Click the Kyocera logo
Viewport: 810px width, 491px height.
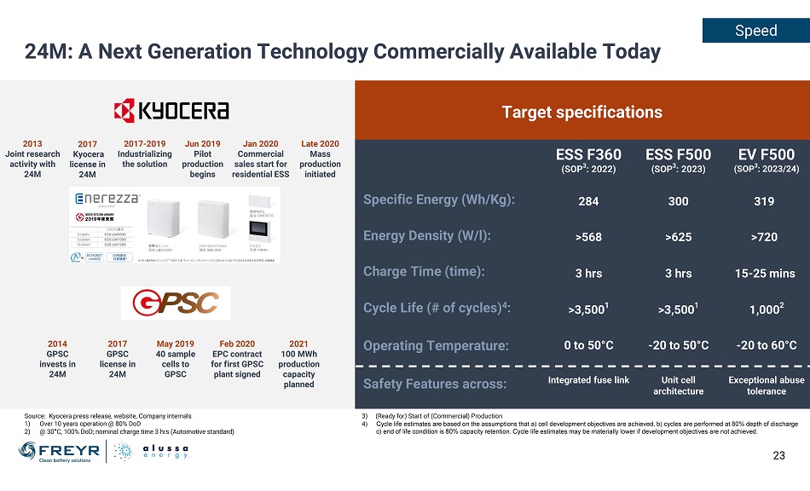point(171,111)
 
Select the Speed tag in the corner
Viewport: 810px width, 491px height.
point(755,31)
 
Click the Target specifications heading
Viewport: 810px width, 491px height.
point(581,112)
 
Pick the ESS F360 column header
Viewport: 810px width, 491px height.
point(588,154)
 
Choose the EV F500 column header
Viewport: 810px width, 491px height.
point(766,154)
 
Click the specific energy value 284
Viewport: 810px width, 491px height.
point(588,201)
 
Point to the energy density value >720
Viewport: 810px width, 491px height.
point(766,237)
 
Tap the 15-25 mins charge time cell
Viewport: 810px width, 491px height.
point(766,273)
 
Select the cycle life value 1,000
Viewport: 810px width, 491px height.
point(766,309)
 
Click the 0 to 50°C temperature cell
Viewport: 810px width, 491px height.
point(588,345)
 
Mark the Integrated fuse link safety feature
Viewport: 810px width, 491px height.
point(588,380)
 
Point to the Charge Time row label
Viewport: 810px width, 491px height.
point(424,272)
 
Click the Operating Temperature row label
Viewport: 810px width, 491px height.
point(436,345)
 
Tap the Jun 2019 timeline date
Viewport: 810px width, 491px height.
point(203,143)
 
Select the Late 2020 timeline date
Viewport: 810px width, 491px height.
point(320,143)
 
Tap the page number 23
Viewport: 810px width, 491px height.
point(778,455)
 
